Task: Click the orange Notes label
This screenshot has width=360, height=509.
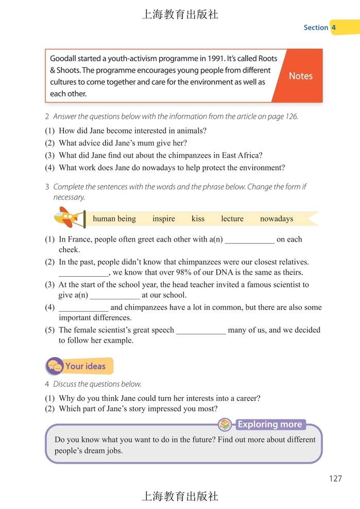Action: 300,76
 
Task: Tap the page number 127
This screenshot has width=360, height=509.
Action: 335,479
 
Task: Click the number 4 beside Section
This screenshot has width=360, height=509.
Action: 334,27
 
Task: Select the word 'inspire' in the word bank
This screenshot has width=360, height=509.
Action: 163,219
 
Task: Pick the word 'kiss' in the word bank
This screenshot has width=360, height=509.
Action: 198,219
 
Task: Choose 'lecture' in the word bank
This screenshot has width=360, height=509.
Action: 232,219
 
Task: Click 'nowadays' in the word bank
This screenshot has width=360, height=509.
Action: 277,219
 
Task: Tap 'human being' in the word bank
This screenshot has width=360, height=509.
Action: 114,219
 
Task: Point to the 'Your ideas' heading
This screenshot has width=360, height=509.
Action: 85,366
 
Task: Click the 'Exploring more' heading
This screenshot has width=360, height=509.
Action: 269,425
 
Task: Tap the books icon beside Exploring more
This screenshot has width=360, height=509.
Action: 225,425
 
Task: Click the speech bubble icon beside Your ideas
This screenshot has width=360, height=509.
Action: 55,367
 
